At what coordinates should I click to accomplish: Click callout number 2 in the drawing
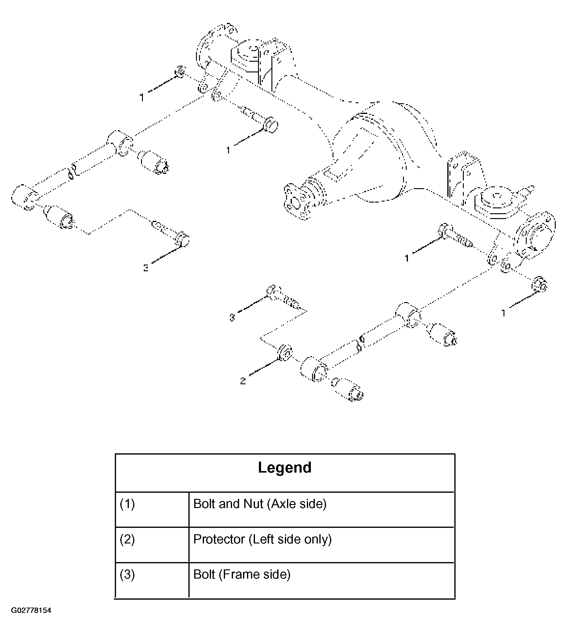click(x=243, y=381)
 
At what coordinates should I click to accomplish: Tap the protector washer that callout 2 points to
click(x=285, y=353)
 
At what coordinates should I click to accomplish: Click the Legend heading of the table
click(x=285, y=467)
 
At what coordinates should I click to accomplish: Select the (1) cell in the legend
click(x=152, y=510)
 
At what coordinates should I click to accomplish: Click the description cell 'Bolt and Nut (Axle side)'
click(x=322, y=510)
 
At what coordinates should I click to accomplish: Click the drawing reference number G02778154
click(x=31, y=619)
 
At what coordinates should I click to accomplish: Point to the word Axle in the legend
click(x=282, y=504)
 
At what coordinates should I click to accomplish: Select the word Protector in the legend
click(x=219, y=539)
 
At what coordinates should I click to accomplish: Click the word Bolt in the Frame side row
click(x=204, y=574)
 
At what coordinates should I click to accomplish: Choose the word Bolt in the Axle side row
click(x=204, y=504)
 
